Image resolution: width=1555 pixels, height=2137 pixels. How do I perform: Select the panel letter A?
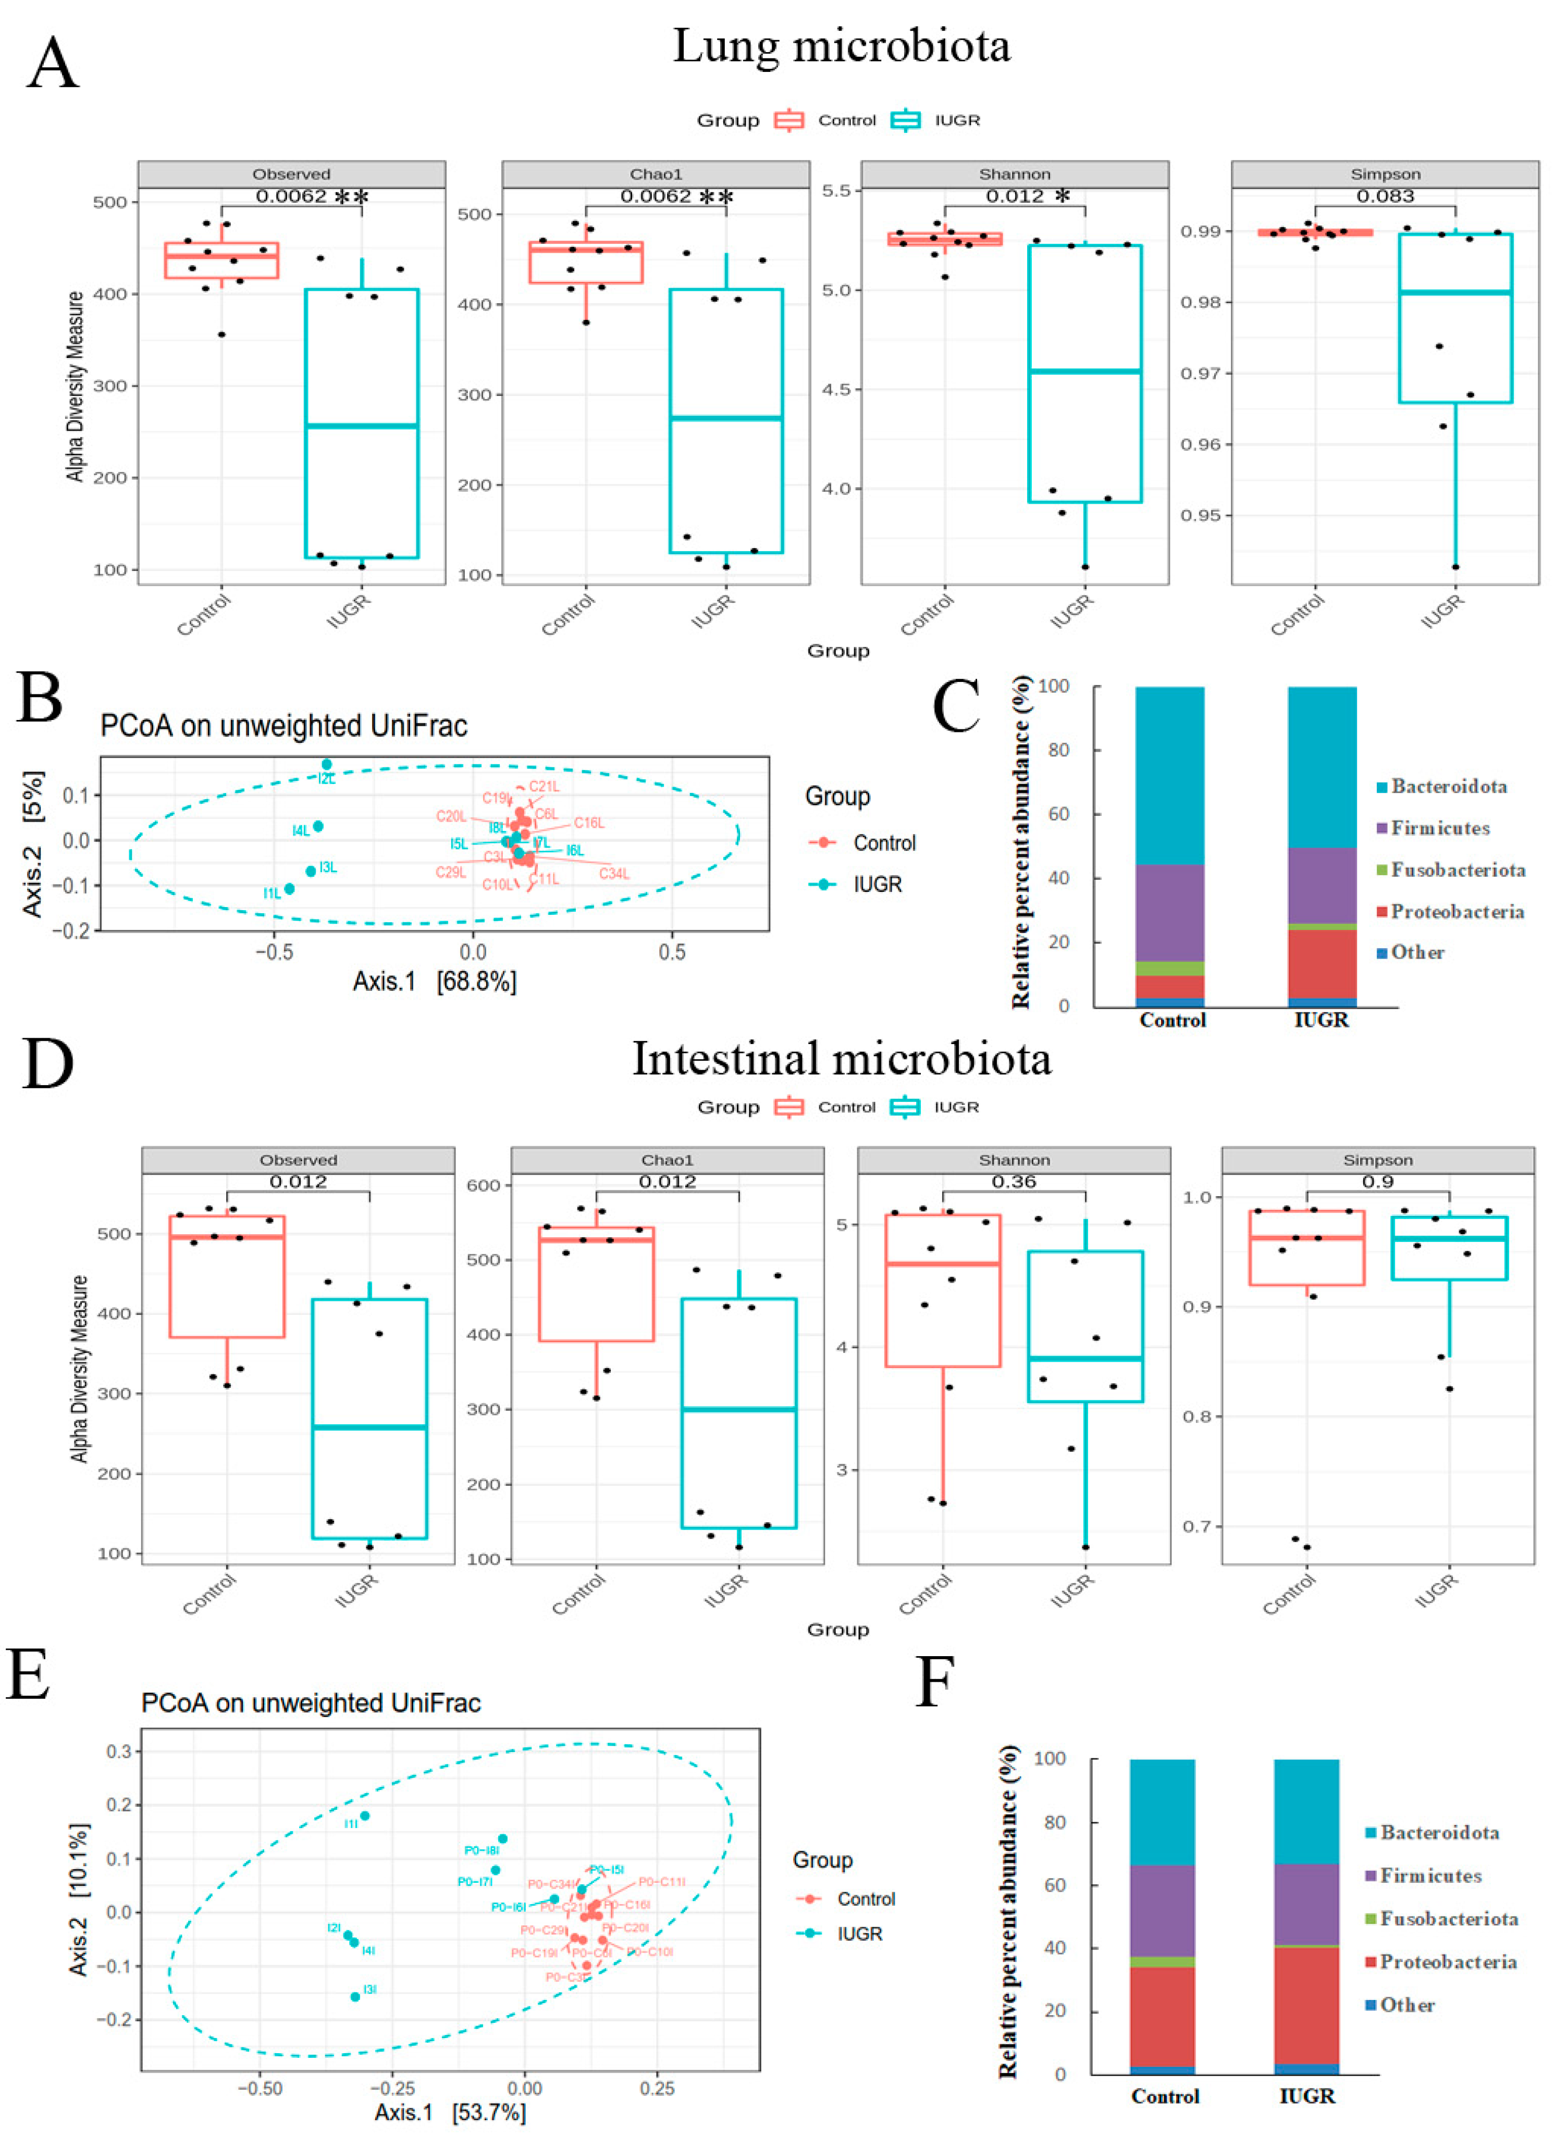(x=53, y=63)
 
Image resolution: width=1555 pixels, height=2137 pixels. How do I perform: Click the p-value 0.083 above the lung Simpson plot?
(x=1385, y=196)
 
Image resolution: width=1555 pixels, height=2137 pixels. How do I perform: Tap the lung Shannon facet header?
(x=1014, y=175)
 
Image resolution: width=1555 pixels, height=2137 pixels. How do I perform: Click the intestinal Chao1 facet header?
(x=667, y=1160)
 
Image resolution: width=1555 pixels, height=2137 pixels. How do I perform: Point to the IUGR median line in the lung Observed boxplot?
(x=362, y=426)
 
